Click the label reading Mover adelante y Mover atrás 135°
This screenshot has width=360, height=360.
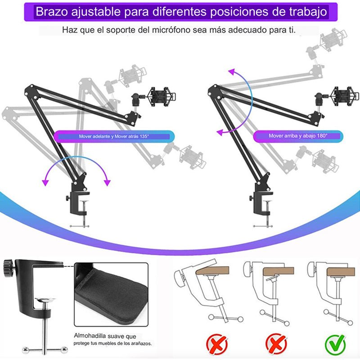coord(114,136)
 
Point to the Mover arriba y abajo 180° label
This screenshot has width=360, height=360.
coord(298,136)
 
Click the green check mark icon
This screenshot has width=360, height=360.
coord(335,344)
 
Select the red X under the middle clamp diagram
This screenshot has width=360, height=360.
coord(276,344)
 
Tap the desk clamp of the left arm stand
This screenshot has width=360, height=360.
coord(78,204)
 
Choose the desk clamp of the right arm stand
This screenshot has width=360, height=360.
coord(262,204)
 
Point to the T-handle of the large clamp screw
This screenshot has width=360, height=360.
coord(45,350)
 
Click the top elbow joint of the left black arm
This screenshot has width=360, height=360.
coord(30,88)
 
